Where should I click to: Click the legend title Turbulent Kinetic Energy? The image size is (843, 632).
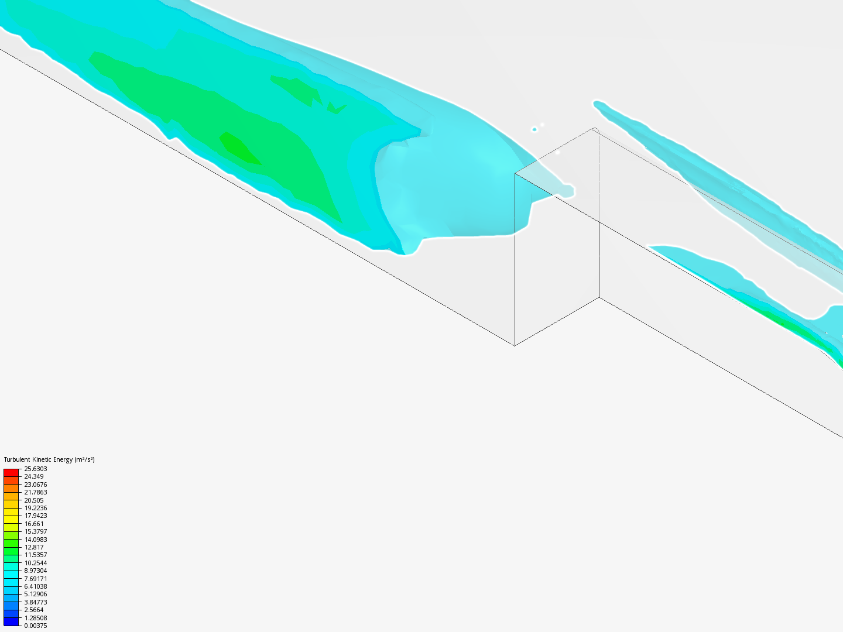pyautogui.click(x=39, y=459)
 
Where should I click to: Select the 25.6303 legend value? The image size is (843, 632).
pyautogui.click(x=35, y=469)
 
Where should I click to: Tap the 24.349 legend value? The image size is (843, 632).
pyautogui.click(x=34, y=476)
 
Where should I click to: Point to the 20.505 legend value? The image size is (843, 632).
pyautogui.click(x=34, y=500)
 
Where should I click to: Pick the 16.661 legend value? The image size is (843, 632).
pyautogui.click(x=34, y=524)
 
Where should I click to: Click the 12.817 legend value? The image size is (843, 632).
pyautogui.click(x=34, y=547)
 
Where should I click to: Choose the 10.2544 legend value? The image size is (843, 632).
pyautogui.click(x=35, y=563)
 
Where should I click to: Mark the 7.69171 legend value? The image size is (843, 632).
pyautogui.click(x=35, y=579)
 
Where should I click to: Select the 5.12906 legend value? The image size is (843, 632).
pyautogui.click(x=35, y=595)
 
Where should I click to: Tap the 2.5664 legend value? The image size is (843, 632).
pyautogui.click(x=34, y=610)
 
